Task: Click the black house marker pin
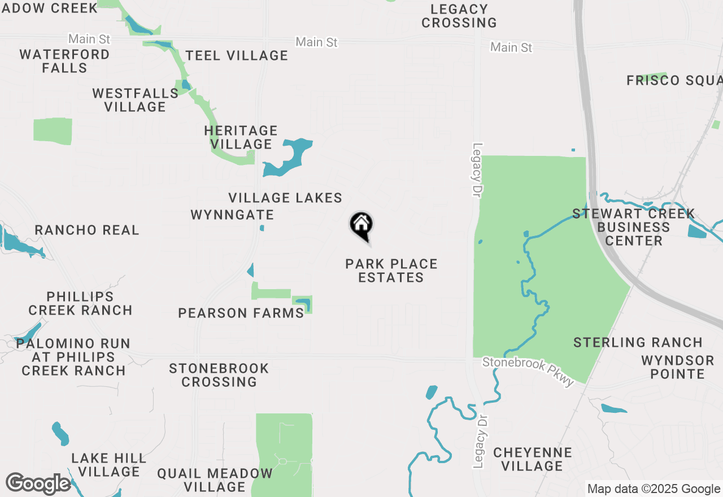(x=361, y=225)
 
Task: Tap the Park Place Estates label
(x=391, y=271)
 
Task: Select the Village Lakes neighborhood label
(x=285, y=198)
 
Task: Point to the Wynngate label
(x=232, y=215)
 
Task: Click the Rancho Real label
(x=87, y=230)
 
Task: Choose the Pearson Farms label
(x=241, y=313)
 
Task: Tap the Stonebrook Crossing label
(x=219, y=375)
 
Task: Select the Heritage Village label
(x=241, y=137)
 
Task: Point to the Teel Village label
(x=237, y=55)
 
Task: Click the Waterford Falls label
(x=64, y=61)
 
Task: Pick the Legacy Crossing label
(x=459, y=16)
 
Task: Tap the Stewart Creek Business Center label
(x=634, y=227)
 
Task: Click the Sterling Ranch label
(x=638, y=342)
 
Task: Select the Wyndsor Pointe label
(x=677, y=367)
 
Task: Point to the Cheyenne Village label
(x=532, y=459)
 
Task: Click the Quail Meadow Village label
(x=215, y=480)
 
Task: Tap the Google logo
(x=38, y=484)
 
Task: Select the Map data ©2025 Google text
(x=654, y=489)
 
